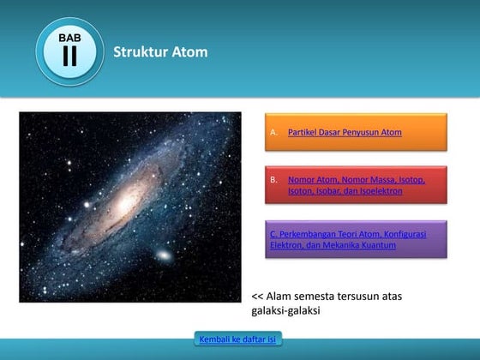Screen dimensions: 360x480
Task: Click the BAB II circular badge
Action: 69,51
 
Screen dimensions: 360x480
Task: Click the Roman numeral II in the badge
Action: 69,57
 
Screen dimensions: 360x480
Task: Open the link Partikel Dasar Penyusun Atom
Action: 345,133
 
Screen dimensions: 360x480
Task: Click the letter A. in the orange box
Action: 273,133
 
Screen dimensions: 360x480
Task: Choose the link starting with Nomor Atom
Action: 356,185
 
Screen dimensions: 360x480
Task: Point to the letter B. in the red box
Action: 273,180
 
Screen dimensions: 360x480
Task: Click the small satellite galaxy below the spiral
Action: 163,255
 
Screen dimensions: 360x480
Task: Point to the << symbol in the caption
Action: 257,297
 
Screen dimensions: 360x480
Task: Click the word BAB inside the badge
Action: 69,38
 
